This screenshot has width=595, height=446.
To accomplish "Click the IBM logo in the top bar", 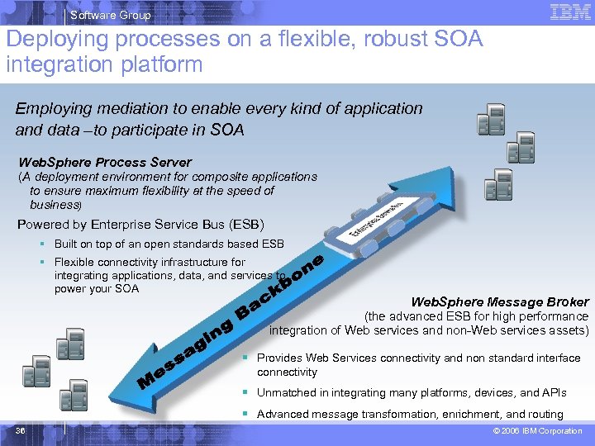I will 569,12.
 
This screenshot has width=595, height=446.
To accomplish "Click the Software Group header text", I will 110,15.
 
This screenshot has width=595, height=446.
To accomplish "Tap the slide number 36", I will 21,431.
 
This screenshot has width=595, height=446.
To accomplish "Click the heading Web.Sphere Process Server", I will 105,163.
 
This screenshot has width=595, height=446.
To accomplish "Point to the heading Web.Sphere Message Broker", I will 500,302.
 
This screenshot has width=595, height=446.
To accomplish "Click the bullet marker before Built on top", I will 40,244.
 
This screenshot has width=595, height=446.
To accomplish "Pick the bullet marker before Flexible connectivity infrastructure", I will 40,263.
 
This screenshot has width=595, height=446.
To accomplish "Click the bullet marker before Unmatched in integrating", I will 245,393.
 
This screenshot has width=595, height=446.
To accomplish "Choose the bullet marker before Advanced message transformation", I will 245,415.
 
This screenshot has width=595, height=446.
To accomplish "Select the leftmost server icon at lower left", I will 37,371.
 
